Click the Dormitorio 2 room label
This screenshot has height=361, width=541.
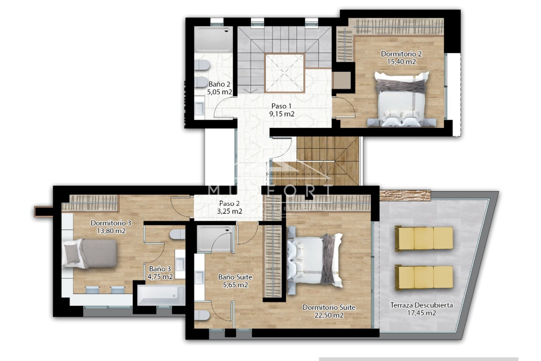(401, 54)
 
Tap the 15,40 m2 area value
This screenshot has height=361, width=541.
(401, 61)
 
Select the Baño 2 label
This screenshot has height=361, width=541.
(219, 84)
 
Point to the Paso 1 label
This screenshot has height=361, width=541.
(281, 106)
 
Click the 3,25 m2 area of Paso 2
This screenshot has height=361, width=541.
(229, 211)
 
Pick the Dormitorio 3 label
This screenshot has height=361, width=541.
(111, 223)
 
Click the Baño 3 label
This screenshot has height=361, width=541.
(160, 269)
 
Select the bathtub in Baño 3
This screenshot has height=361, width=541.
(161, 295)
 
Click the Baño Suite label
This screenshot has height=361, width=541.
(235, 277)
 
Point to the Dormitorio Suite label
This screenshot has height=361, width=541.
(329, 307)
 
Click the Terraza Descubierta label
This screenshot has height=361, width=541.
(421, 305)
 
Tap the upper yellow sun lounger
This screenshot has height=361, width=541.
(424, 238)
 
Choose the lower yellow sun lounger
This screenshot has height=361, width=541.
(424, 277)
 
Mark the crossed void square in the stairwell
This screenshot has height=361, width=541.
(285, 73)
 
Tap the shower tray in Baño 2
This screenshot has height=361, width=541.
(213, 39)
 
